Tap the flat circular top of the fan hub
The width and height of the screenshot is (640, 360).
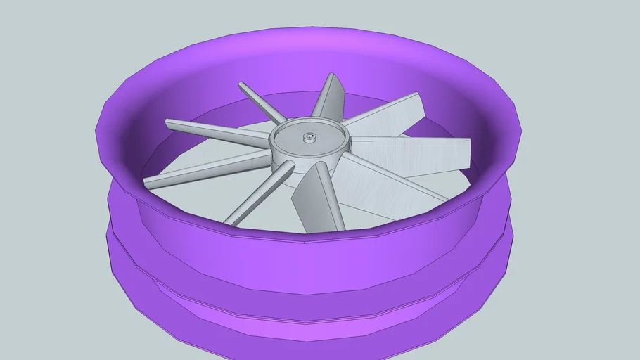point(320,131)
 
